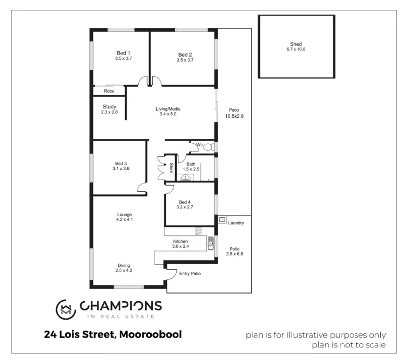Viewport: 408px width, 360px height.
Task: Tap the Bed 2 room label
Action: pos(185,54)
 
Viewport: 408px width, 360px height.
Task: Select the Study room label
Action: pos(109,107)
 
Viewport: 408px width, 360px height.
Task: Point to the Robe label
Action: pos(109,91)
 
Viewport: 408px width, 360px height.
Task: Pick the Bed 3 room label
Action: pos(121,163)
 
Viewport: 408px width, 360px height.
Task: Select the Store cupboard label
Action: pos(171,168)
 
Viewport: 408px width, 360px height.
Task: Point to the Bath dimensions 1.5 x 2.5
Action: pos(190,169)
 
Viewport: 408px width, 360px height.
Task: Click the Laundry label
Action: pos(236,223)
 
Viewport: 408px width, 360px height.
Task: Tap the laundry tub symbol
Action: pos(222,219)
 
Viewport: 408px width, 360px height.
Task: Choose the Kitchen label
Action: pos(181,241)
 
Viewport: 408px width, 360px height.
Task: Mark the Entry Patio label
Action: pos(190,273)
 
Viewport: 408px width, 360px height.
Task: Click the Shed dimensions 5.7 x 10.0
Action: pos(296,50)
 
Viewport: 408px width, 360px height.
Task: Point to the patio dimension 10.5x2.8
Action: pos(234,116)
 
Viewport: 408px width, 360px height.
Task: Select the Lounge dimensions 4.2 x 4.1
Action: pos(125,220)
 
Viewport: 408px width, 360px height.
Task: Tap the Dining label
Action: pos(125,265)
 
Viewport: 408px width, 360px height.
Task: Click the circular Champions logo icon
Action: pos(66,309)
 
